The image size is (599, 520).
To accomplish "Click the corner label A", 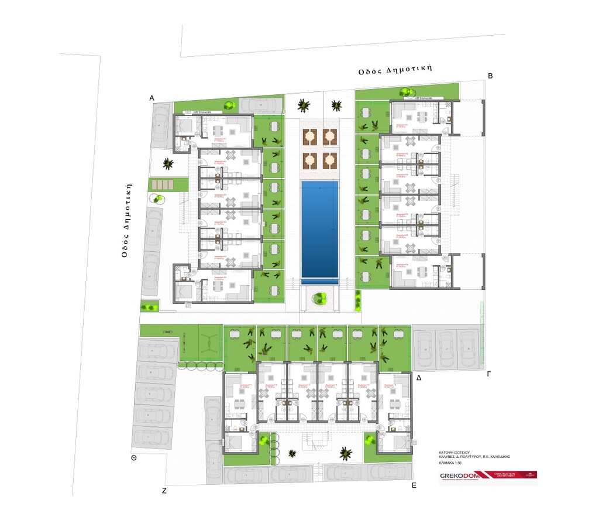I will coord(152,98).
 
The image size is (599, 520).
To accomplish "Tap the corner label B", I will coord(491,76).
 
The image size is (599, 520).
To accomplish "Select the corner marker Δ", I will coord(418,378).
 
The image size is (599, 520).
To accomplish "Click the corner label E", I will coord(414,485).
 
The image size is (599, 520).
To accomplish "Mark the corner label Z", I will coord(164,491).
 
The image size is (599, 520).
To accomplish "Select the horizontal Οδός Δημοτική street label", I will coord(395,69).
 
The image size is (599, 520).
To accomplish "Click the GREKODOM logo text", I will coord(459,475).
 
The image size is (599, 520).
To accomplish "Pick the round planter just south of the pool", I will coord(319,299).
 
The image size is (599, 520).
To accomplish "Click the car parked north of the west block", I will coord(261,104).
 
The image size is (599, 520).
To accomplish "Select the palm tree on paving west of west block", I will coord(168,163).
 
